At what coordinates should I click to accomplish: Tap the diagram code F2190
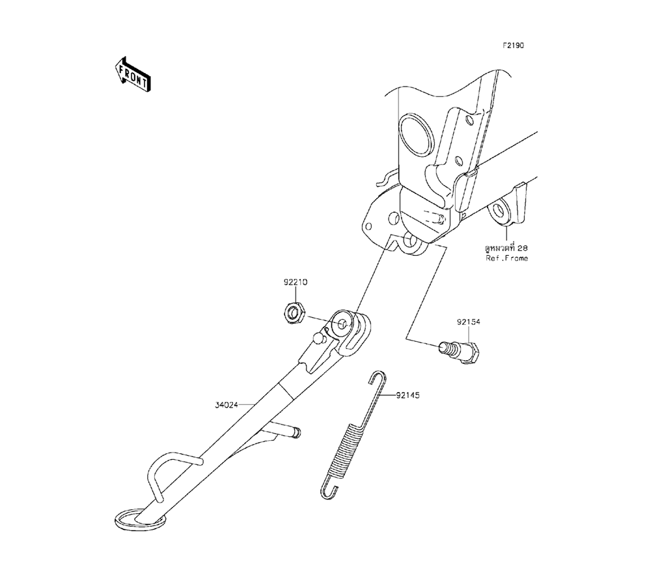click(x=513, y=46)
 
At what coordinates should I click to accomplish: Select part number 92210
click(x=295, y=283)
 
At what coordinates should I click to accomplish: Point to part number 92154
click(x=469, y=322)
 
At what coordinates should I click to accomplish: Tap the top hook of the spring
click(x=377, y=378)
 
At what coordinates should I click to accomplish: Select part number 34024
click(x=228, y=404)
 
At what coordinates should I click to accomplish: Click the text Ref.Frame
click(x=507, y=259)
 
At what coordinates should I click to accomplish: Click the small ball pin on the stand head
click(x=318, y=338)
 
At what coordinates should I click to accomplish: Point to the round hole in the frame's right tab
click(x=500, y=211)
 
